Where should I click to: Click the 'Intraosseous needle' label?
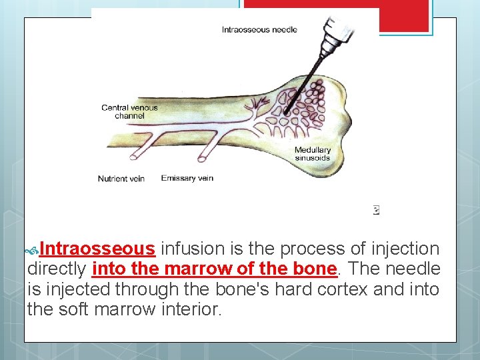(x=259, y=29)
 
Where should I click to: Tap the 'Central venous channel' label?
(x=129, y=111)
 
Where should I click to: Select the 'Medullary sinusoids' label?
(x=313, y=154)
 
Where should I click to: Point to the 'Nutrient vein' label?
(x=121, y=179)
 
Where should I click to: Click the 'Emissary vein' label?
(x=187, y=178)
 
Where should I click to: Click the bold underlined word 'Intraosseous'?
(x=97, y=249)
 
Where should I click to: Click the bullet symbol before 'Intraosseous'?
(x=31, y=251)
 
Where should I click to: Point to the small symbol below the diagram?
(x=377, y=210)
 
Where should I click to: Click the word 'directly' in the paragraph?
(x=57, y=269)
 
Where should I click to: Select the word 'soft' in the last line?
(x=73, y=309)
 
